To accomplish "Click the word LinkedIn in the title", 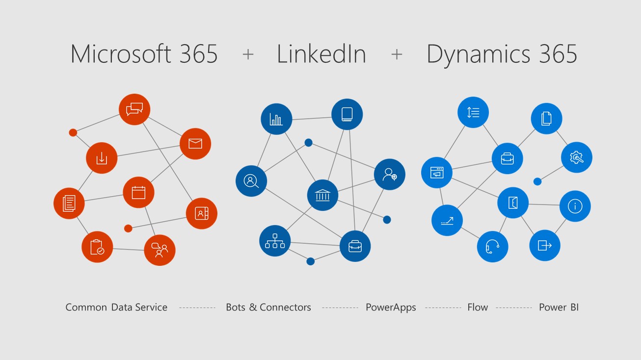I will pyautogui.click(x=321, y=54).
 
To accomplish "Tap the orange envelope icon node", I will pyautogui.click(x=195, y=144).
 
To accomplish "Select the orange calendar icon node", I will pyautogui.click(x=138, y=192).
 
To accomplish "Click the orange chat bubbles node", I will pyautogui.click(x=134, y=109).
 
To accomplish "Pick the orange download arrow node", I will pyautogui.click(x=102, y=158).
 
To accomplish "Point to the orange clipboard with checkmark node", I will pyautogui.click(x=97, y=247).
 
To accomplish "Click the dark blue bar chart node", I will pyautogui.click(x=276, y=119).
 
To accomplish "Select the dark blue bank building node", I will pyautogui.click(x=322, y=195).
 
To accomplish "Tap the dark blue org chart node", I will pyautogui.click(x=275, y=240).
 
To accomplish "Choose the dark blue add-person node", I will pyautogui.click(x=390, y=174).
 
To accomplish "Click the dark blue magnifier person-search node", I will pyautogui.click(x=251, y=180).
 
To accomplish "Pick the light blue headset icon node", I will pyautogui.click(x=492, y=246).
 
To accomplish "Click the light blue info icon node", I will pyautogui.click(x=575, y=206).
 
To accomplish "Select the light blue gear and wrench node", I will pyautogui.click(x=577, y=157).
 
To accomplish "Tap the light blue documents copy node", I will pyautogui.click(x=546, y=119).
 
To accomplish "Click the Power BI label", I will pyautogui.click(x=559, y=308).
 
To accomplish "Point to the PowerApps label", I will pyautogui.click(x=391, y=308).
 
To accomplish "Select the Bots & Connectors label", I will pyautogui.click(x=268, y=308).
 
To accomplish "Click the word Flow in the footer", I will pyautogui.click(x=478, y=308).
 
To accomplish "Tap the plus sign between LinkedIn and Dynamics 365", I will pyautogui.click(x=397, y=54).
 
